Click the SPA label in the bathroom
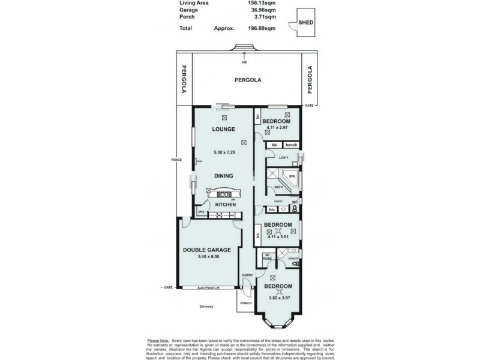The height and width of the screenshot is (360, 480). click(292, 177)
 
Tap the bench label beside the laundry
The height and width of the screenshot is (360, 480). click(291, 145)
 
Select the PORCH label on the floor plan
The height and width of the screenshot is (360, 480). click(246, 303)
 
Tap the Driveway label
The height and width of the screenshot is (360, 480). click(206, 307)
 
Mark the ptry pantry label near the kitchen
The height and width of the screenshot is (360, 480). click(202, 212)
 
